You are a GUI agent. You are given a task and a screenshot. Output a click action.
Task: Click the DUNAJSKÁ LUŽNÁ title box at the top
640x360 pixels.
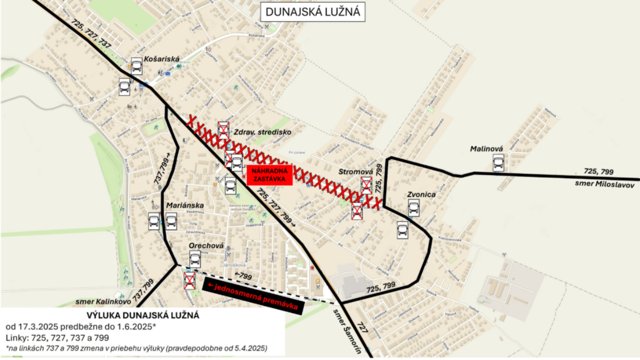click(x=313, y=12)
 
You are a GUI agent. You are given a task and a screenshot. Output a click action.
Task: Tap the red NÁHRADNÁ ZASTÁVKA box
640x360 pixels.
click(x=270, y=175)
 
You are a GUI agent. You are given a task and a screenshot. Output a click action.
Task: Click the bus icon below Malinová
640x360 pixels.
click(x=499, y=162)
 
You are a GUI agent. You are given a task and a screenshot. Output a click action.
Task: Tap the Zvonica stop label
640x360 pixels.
click(x=421, y=195)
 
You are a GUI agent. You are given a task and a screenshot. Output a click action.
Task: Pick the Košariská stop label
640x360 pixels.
click(x=163, y=60)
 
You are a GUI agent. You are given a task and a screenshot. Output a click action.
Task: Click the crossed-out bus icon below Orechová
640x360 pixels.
click(x=189, y=280)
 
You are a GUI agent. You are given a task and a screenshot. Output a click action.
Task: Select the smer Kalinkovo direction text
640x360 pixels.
click(x=99, y=301)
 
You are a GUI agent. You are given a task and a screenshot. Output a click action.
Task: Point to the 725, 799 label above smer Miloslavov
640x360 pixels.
click(x=599, y=172)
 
